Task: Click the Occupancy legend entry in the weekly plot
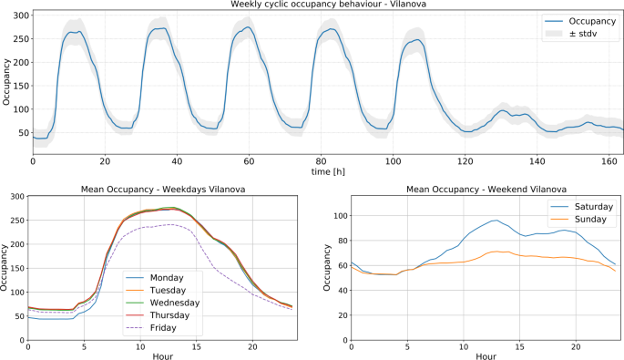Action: pyautogui.click(x=591, y=20)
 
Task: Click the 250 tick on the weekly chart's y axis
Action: pyautogui.click(x=22, y=39)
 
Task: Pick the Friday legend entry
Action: pyautogui.click(x=169, y=326)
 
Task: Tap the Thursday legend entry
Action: pyautogui.click(x=174, y=314)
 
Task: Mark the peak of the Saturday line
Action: pyautogui.click(x=495, y=220)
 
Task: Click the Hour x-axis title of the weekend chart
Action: pyautogui.click(x=486, y=355)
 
